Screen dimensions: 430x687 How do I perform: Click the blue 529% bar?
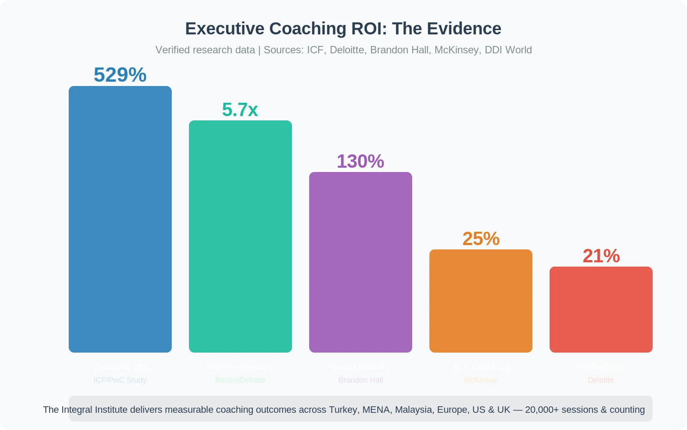click(x=120, y=219)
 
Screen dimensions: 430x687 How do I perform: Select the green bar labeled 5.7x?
click(x=240, y=236)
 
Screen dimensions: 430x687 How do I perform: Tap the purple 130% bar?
click(x=361, y=262)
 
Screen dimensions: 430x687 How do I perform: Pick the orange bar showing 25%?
click(x=481, y=301)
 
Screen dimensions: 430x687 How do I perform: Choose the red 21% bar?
click(x=601, y=310)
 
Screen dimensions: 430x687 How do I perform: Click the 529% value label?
click(x=120, y=75)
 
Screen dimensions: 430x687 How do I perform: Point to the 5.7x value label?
click(x=240, y=110)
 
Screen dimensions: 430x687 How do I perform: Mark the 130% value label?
click(x=360, y=161)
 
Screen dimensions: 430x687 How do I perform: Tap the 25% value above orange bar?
click(x=481, y=239)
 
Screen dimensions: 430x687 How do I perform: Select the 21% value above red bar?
click(x=601, y=256)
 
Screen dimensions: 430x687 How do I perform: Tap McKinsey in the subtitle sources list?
click(x=456, y=50)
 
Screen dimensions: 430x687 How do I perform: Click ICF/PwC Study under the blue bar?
click(x=120, y=380)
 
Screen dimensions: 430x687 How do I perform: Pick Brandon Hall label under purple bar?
click(x=361, y=380)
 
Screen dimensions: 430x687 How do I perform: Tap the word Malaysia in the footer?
click(x=413, y=410)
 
